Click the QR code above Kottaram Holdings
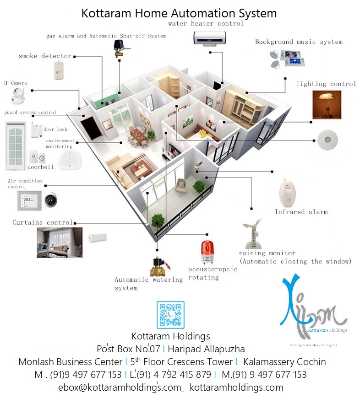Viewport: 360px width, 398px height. pos(170,315)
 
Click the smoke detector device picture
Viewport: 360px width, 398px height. pos(58,69)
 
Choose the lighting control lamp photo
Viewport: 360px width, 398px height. pos(327,104)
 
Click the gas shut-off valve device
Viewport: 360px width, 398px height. pos(120,48)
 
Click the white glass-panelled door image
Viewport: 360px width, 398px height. pos(16,145)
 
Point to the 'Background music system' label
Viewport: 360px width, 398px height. pos(299,42)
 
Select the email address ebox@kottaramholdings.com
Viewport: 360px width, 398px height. pos(121,387)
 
